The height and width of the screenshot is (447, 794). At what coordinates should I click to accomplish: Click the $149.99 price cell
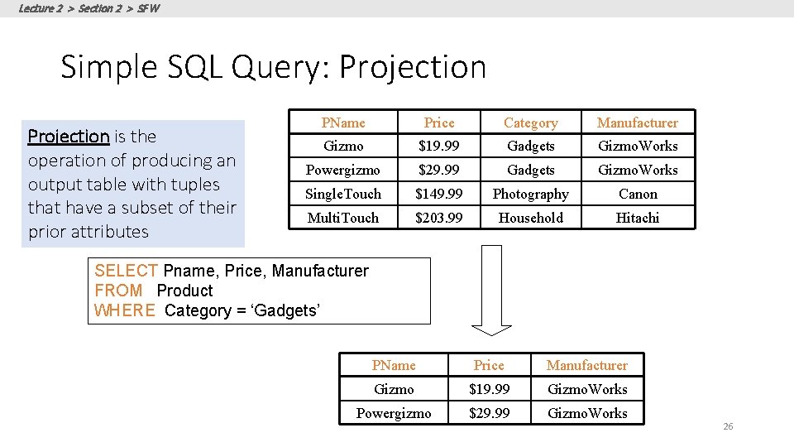click(x=438, y=194)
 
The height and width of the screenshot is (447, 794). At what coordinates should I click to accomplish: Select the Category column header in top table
click(x=530, y=123)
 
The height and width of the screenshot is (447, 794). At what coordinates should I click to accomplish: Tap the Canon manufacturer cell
click(x=638, y=194)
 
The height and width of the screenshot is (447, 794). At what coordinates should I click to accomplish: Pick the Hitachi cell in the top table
click(x=638, y=218)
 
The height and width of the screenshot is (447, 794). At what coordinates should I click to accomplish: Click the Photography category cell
click(x=530, y=194)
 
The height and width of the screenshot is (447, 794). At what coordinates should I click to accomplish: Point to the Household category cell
click(x=530, y=218)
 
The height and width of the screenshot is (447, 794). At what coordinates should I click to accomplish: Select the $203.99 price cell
click(x=438, y=218)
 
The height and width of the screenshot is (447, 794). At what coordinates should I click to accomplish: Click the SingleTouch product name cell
click(x=343, y=194)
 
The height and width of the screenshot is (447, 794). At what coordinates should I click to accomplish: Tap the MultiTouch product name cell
click(x=343, y=218)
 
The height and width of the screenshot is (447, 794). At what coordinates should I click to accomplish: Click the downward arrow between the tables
click(x=492, y=290)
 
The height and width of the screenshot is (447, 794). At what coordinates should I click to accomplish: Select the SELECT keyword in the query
click(x=126, y=271)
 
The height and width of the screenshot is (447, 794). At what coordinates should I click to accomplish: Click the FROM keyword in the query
click(x=118, y=291)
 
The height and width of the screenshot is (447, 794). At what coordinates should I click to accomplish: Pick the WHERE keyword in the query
click(x=125, y=310)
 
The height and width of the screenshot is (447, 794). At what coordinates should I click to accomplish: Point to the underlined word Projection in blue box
click(x=69, y=136)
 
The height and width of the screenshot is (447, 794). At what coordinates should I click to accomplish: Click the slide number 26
click(x=728, y=426)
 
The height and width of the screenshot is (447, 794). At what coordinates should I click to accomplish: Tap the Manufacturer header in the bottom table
click(x=587, y=365)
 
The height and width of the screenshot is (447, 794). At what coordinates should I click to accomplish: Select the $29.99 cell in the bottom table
click(x=489, y=413)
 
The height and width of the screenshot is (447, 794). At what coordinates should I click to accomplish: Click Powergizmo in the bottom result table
click(x=394, y=413)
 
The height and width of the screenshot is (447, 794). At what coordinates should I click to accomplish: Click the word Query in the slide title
click(x=281, y=67)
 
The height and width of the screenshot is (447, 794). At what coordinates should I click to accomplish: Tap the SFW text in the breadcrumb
click(x=150, y=8)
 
